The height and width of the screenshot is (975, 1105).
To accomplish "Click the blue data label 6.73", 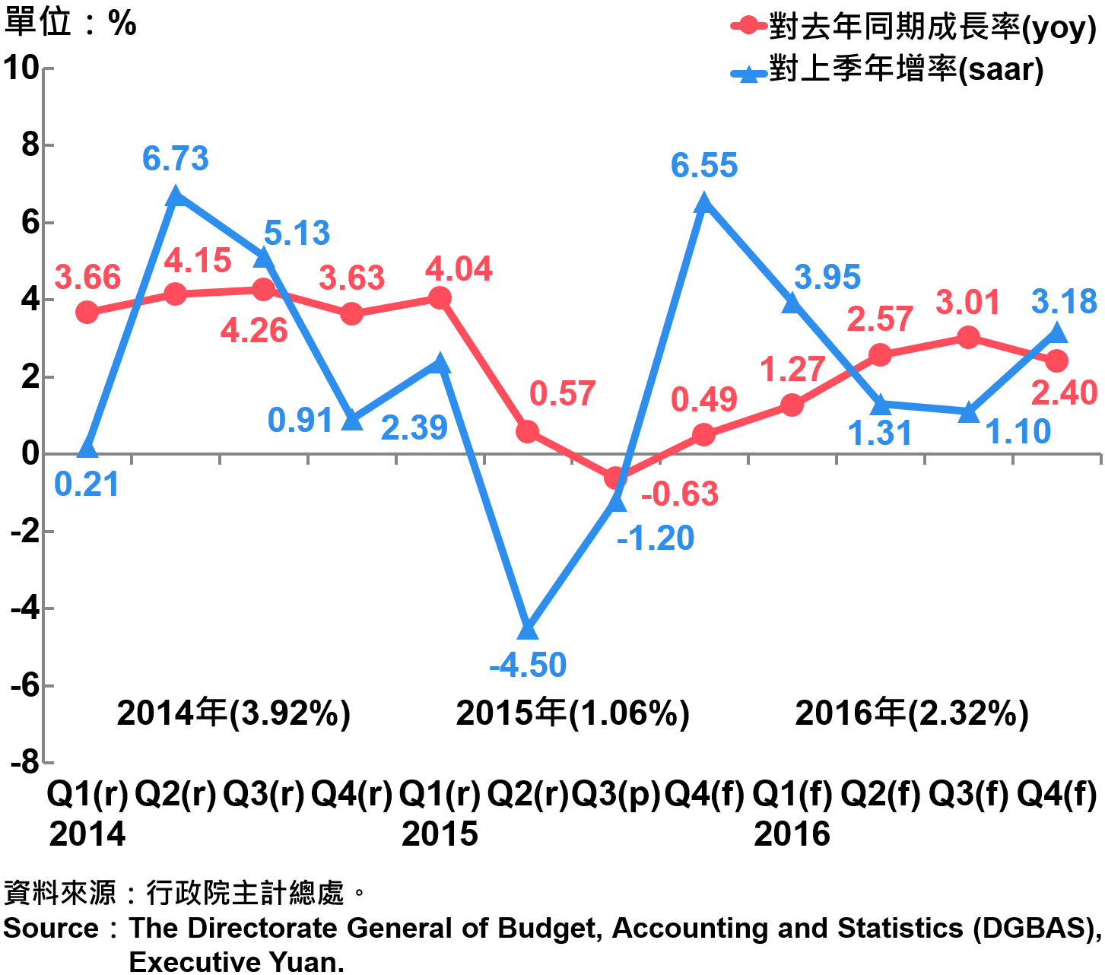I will [x=175, y=159].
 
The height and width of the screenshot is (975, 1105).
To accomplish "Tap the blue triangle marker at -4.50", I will [x=528, y=630].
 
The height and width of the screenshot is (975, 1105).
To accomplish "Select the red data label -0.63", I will [x=679, y=494].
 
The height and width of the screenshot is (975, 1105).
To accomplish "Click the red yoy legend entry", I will [x=913, y=27].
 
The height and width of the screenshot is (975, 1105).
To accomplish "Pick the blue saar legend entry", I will [x=887, y=70].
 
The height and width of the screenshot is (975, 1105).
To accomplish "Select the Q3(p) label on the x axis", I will [x=615, y=795].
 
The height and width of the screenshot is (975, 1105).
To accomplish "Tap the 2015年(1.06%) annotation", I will [x=573, y=713].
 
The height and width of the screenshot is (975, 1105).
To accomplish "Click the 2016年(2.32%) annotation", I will [x=912, y=713].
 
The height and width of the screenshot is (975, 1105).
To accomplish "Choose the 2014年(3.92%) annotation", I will [x=233, y=713].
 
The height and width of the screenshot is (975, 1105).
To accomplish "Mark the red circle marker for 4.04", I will [x=440, y=298].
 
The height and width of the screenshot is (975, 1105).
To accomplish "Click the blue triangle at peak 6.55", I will [x=703, y=202].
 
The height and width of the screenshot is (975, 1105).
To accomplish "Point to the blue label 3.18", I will [x=1064, y=302].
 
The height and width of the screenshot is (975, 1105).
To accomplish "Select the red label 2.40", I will [x=1064, y=393].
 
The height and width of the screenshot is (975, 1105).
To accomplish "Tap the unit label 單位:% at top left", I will [x=70, y=23].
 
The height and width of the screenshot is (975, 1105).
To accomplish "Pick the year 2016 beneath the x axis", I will [x=792, y=834].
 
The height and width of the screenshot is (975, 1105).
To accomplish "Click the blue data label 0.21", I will [x=87, y=484].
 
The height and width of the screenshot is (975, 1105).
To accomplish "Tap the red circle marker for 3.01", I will [x=968, y=338].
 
